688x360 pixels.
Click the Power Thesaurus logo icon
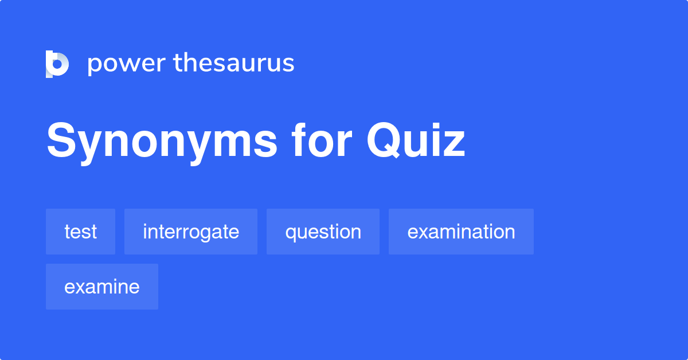[57, 64]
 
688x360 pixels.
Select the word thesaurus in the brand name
[234, 64]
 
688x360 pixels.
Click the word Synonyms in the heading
[162, 142]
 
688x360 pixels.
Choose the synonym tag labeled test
[80, 232]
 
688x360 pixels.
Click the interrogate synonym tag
[191, 232]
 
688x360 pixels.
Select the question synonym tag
[323, 232]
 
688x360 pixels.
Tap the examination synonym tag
[461, 232]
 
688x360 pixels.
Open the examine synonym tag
[102, 287]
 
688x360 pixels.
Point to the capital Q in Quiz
[385, 142]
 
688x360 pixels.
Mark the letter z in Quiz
[453, 146]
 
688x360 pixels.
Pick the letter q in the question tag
[291, 234]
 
